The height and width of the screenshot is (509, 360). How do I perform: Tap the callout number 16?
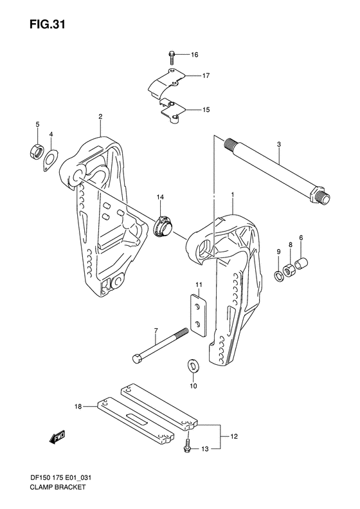[x=195, y=55]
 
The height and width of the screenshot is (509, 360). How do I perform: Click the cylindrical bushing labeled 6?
[x=301, y=263]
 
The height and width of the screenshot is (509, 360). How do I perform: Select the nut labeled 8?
[x=289, y=266]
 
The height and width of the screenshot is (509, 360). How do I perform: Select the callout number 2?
[x=100, y=116]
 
